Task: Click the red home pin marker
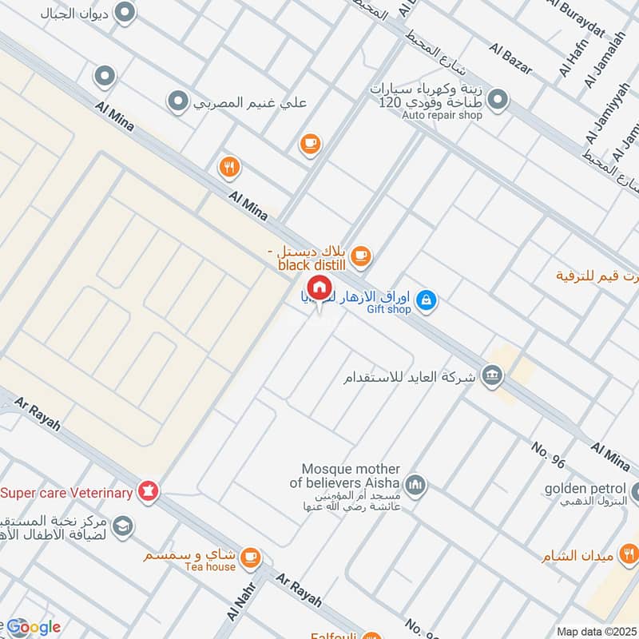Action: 319,288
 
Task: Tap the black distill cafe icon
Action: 362,255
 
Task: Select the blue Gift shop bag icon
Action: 427,299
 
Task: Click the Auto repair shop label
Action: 442,115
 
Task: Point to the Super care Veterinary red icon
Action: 147,492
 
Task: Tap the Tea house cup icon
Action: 251,555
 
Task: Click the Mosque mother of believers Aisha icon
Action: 415,484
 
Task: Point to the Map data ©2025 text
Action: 596,631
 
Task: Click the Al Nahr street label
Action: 236,609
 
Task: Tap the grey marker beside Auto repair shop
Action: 498,100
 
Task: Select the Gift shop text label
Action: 390,310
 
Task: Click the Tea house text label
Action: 210,567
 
